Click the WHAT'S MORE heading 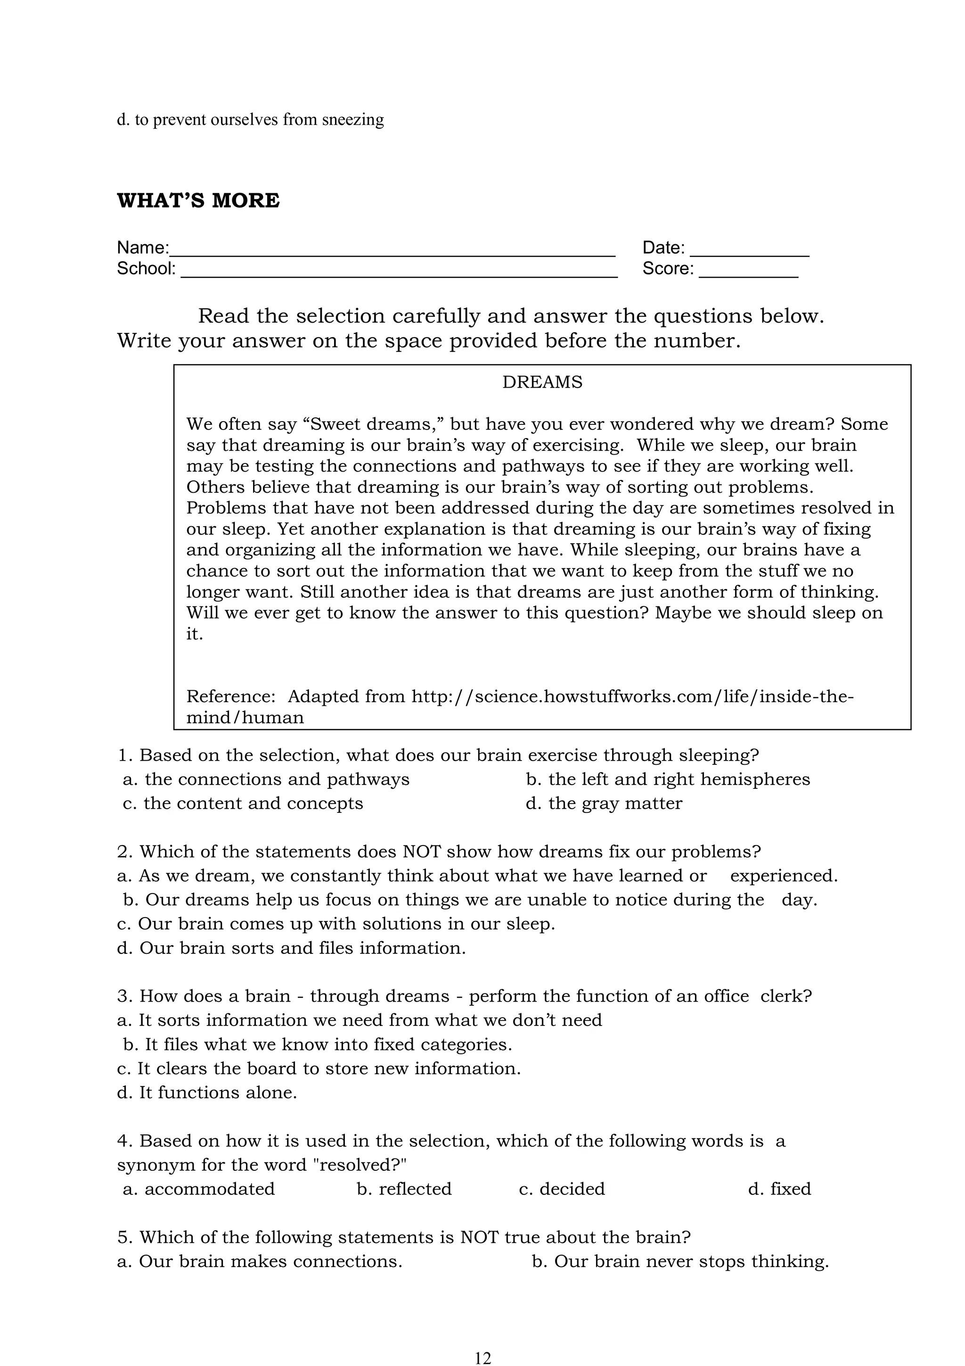(198, 200)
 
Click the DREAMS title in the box (542, 382)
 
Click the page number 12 (483, 1358)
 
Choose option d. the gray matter (604, 803)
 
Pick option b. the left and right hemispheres (667, 779)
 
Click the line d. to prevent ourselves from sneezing (250, 120)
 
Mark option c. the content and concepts (243, 803)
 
